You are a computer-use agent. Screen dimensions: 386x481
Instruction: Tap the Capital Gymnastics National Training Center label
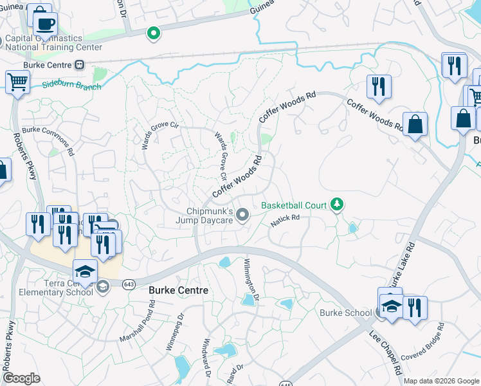click(x=53, y=42)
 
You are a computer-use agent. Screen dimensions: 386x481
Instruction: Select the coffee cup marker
click(x=44, y=24)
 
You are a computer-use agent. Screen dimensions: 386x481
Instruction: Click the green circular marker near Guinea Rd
click(x=153, y=33)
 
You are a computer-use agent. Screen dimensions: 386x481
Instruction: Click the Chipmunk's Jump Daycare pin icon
click(x=242, y=214)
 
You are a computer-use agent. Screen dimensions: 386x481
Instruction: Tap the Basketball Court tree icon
click(x=336, y=205)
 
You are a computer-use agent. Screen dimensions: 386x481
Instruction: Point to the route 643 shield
click(x=129, y=284)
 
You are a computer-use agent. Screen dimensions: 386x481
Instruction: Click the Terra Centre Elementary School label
click(x=48, y=288)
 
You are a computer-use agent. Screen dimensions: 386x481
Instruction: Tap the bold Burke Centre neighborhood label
click(x=178, y=291)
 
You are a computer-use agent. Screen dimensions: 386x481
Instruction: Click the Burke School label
click(x=346, y=313)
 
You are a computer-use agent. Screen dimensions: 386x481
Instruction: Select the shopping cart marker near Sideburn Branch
click(x=17, y=82)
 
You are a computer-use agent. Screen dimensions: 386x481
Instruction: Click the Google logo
click(x=21, y=378)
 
